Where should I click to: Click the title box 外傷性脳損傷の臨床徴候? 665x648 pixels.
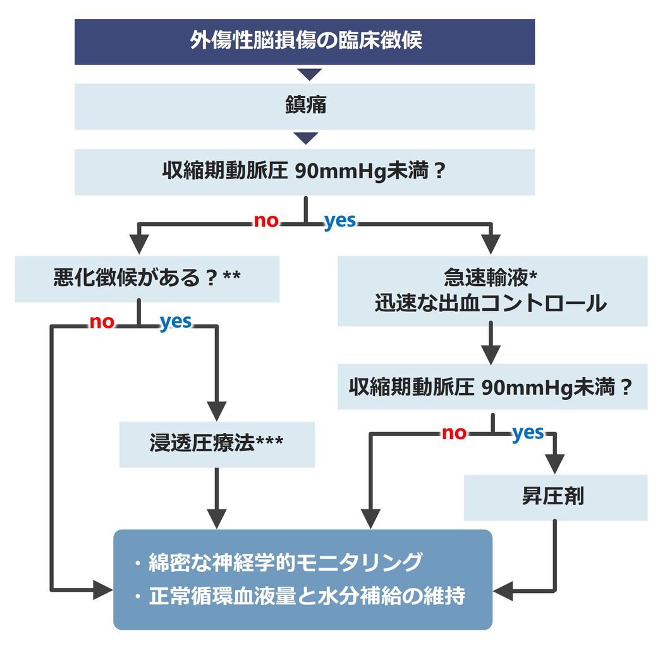[305, 42]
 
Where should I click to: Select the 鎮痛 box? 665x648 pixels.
[305, 106]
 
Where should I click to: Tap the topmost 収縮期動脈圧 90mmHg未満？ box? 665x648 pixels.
[305, 171]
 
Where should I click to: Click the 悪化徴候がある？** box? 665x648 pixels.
[147, 278]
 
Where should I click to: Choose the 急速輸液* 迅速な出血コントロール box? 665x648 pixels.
[492, 291]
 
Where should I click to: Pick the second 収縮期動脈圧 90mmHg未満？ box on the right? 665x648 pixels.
[492, 387]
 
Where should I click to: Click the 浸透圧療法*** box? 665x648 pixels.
[216, 444]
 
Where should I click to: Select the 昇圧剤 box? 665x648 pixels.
[555, 497]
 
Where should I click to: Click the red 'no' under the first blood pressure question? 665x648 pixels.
[266, 221]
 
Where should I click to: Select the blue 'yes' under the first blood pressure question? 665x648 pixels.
[340, 221]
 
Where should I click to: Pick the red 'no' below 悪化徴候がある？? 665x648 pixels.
[102, 322]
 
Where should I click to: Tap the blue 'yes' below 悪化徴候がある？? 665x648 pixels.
[175, 322]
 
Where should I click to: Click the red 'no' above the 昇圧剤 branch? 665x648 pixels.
[454, 433]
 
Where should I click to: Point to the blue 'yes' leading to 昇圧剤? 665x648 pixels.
[528, 433]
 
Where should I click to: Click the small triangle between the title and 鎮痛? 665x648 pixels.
[309, 75]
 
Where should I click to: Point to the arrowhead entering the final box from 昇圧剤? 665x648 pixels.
[503, 592]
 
